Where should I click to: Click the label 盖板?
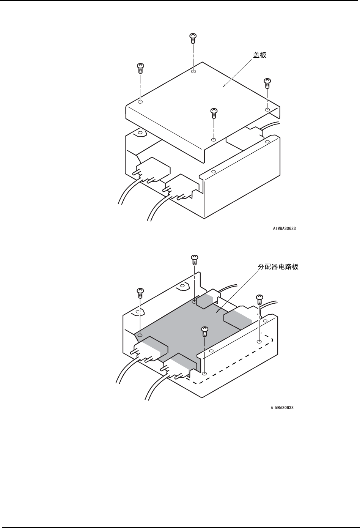coord(260,55)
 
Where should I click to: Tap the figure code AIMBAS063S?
coord(282,408)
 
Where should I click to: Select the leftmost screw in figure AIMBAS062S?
coord(140,68)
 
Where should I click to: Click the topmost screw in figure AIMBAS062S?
coord(193,38)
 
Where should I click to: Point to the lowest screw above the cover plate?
coord(214,112)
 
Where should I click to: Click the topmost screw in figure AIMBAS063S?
coord(194,259)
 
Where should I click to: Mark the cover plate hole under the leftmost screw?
coord(140,102)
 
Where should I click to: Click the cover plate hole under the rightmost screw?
coord(267,110)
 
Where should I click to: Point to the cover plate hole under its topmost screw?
coord(193,71)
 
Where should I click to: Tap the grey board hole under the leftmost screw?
coord(140,336)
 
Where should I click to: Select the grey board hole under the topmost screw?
coord(194,302)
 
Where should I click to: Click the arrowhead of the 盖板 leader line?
coord(225,86)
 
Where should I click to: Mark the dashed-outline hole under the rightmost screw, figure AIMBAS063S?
coord(259,342)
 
